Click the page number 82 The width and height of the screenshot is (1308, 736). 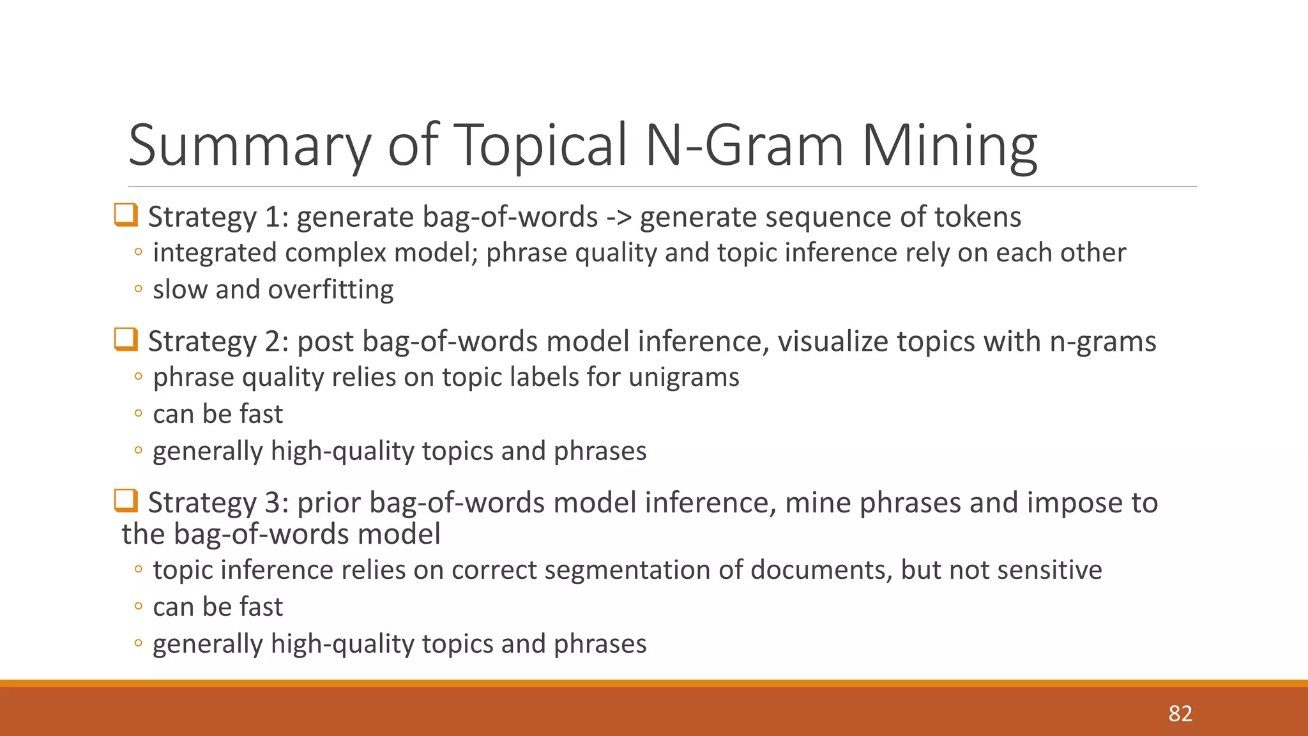point(1180,714)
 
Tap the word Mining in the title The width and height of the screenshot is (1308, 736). point(949,145)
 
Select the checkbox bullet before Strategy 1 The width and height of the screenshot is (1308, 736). point(126,215)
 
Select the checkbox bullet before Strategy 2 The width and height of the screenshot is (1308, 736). point(126,339)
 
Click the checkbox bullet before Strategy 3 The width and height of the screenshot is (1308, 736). point(126,500)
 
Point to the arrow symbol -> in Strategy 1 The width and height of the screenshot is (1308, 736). point(618,217)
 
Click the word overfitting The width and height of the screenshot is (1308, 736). point(330,289)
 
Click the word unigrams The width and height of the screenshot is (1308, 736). point(683,377)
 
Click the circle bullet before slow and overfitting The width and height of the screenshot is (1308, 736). point(138,289)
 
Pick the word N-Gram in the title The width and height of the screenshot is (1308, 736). point(745,145)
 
